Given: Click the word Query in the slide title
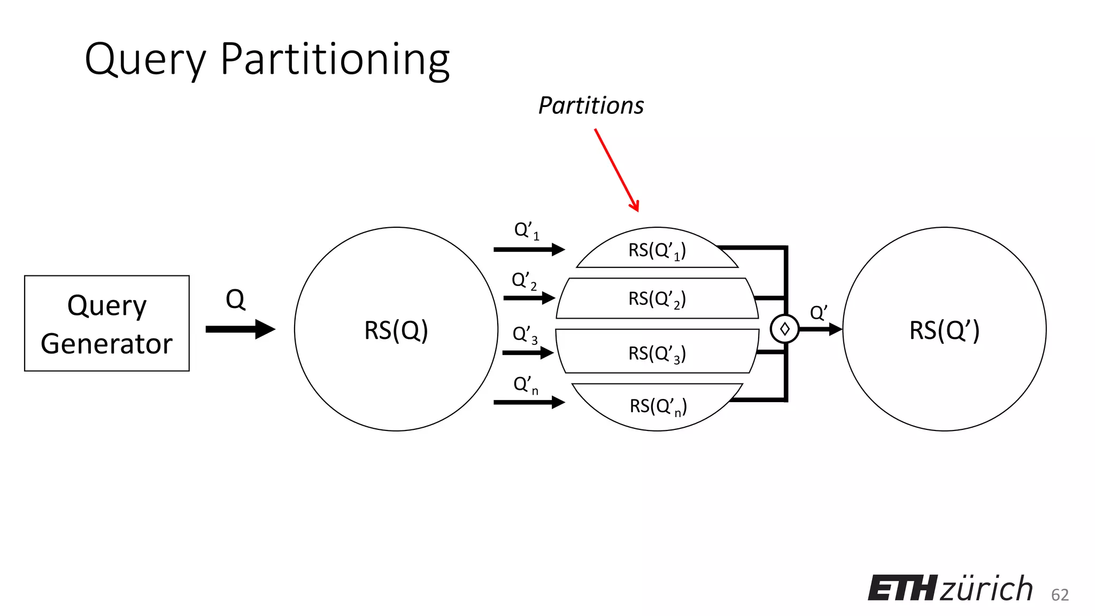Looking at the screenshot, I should coord(145,60).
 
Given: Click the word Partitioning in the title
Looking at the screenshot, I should coord(335,60).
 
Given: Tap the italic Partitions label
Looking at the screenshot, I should coord(591,105).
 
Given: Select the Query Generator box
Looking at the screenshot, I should coord(107,324).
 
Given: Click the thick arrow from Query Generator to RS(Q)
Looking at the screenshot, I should coord(240,329).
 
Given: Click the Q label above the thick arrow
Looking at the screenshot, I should coord(235,299).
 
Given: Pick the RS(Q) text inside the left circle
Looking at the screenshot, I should coord(396,330).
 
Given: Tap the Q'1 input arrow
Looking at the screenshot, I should coord(529,249).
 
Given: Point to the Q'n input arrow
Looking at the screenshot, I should coord(529,402).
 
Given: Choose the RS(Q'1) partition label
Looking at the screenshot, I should coord(657,250).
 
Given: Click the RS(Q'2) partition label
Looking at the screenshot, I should coord(657,299).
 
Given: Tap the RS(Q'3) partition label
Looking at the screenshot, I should coord(657,353).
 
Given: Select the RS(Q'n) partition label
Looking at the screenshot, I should coord(658,406).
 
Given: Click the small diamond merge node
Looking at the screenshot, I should coord(784,329).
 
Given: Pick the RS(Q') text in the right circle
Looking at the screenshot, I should coord(944,330).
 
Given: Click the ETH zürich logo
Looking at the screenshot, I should coord(950,589).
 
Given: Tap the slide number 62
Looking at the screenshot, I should coord(1060,595).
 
